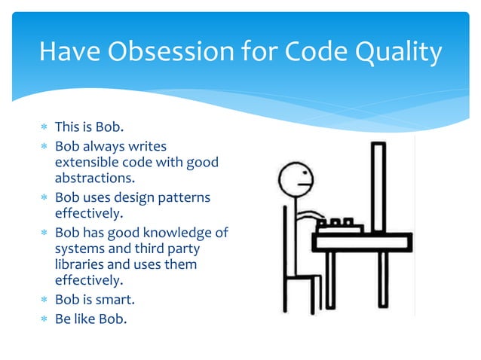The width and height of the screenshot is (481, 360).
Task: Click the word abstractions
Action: (x=94, y=179)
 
